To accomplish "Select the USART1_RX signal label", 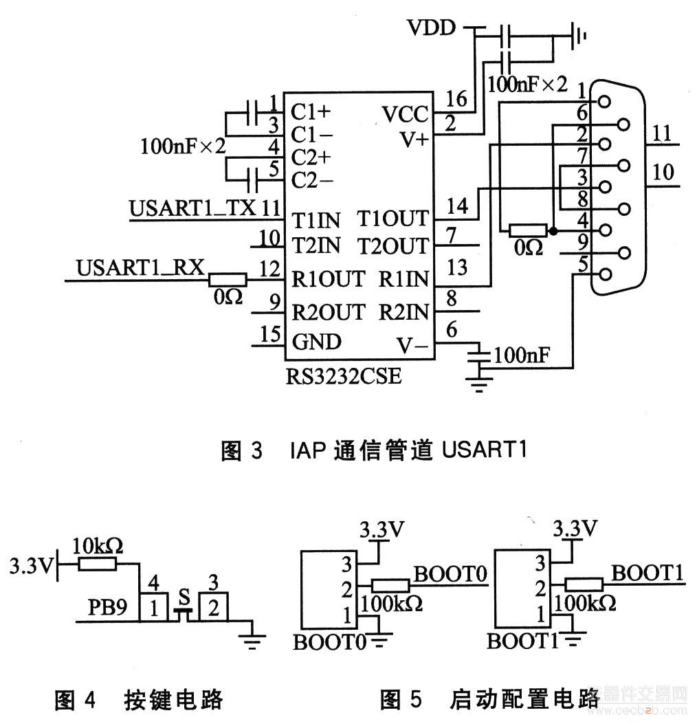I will click(x=141, y=268).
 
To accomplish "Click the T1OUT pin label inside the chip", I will click(x=392, y=219).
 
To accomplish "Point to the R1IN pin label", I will click(x=403, y=279).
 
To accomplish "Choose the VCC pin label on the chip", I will click(x=405, y=114).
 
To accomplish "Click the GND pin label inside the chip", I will click(x=316, y=342).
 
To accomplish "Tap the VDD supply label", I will click(x=431, y=28).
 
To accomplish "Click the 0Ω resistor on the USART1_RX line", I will click(x=228, y=279).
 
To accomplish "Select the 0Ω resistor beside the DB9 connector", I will click(x=527, y=230).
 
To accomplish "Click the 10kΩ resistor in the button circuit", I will click(x=98, y=564).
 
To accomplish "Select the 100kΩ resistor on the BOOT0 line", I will click(x=390, y=586).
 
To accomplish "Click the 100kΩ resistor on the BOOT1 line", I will click(x=584, y=585).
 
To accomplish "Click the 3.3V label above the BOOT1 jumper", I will click(x=576, y=528).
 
